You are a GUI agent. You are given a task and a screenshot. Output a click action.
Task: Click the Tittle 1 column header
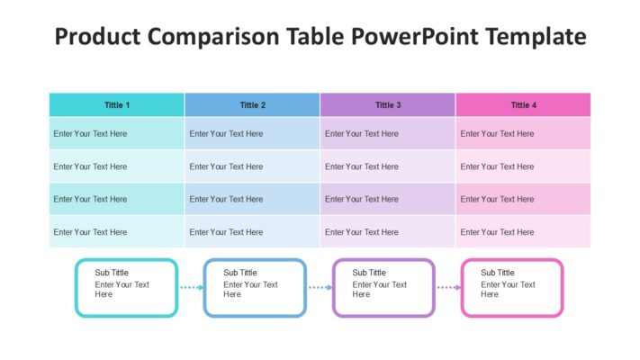point(117,105)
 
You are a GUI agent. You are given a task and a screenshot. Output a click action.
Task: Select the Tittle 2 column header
point(252,105)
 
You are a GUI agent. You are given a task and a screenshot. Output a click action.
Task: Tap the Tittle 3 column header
point(388,105)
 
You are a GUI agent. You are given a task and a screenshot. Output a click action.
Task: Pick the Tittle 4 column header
point(523,105)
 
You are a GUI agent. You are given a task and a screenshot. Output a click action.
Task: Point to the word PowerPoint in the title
point(415,36)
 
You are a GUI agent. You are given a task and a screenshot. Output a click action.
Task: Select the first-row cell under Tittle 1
point(117,133)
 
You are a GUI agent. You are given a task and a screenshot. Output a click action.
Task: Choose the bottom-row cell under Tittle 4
point(523,232)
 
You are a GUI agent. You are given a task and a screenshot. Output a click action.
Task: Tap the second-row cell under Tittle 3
point(388,166)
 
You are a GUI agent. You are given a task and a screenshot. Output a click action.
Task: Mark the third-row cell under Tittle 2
point(252,199)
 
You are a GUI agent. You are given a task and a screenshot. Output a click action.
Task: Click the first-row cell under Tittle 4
point(523,133)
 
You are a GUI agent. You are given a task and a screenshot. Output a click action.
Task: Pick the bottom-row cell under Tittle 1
point(117,232)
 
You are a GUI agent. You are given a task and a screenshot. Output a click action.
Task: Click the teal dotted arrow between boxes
point(192,287)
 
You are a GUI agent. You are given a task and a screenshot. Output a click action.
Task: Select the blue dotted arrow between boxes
point(320,287)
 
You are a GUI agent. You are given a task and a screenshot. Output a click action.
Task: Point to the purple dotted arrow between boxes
point(448,287)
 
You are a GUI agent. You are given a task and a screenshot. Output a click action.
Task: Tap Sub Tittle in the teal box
point(112,273)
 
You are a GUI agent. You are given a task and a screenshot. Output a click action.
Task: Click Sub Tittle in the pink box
point(498,273)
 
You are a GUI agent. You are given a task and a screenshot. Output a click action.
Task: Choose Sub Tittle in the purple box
point(369,273)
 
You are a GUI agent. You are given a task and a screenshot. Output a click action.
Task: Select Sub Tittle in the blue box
point(240,273)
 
